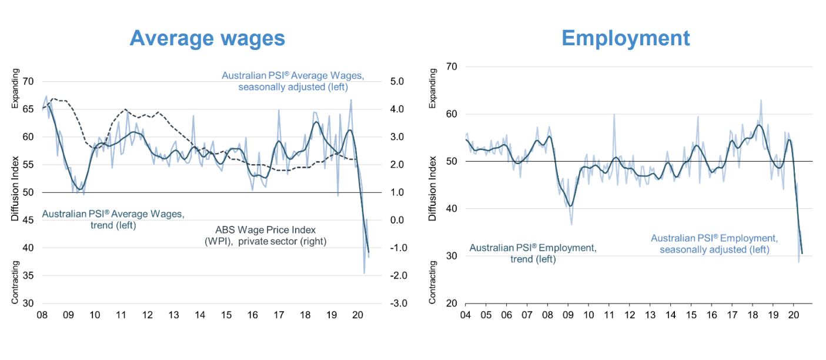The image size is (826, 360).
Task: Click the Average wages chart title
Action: (x=207, y=38)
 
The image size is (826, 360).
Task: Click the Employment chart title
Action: (x=626, y=38)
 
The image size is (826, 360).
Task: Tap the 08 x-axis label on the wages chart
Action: (x=42, y=315)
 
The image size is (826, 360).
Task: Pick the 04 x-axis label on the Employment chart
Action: (x=465, y=315)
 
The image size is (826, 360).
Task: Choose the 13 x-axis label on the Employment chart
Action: (x=650, y=315)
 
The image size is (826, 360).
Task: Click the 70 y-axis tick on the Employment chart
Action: (x=452, y=66)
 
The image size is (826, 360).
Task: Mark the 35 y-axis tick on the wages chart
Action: (x=28, y=275)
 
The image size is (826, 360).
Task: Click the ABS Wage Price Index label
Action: (x=265, y=235)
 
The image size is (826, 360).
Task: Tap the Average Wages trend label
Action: (x=113, y=219)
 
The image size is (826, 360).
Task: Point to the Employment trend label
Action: (x=533, y=254)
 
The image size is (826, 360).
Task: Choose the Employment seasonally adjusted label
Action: (x=714, y=244)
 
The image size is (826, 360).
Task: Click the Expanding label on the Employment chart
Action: (x=433, y=88)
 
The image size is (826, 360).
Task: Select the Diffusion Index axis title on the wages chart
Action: (x=15, y=188)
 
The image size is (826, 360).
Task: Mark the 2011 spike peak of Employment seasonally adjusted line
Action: (x=614, y=115)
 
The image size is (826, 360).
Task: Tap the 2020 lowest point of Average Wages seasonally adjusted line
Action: (x=364, y=273)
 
